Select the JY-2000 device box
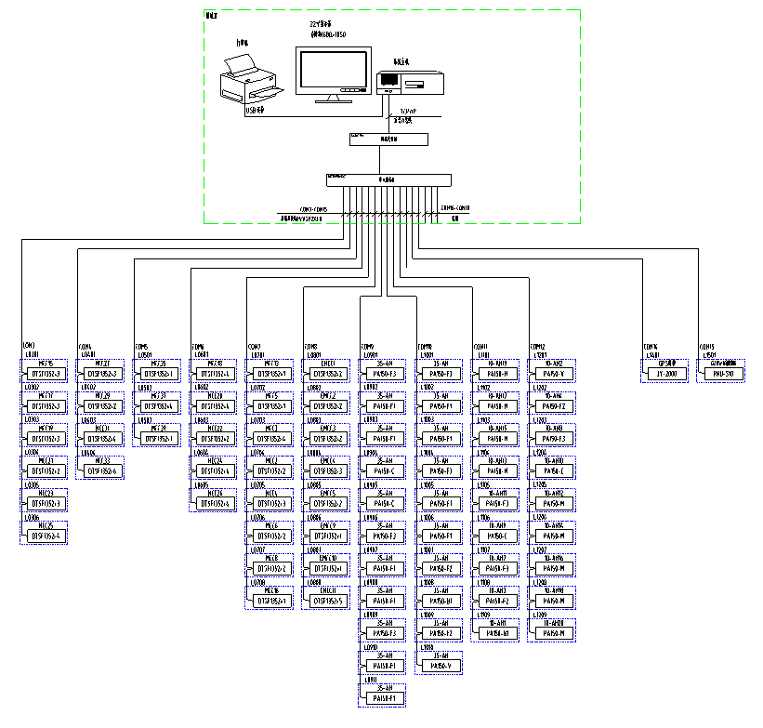click(x=669, y=374)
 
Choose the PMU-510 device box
click(x=724, y=374)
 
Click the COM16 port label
click(x=651, y=346)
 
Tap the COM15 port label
click(x=705, y=346)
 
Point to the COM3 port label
click(x=28, y=346)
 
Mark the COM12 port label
click(x=538, y=346)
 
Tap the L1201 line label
click(x=538, y=355)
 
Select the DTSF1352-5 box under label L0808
click(x=328, y=600)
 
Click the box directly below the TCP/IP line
click(x=388, y=139)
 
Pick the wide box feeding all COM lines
click(x=388, y=179)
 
